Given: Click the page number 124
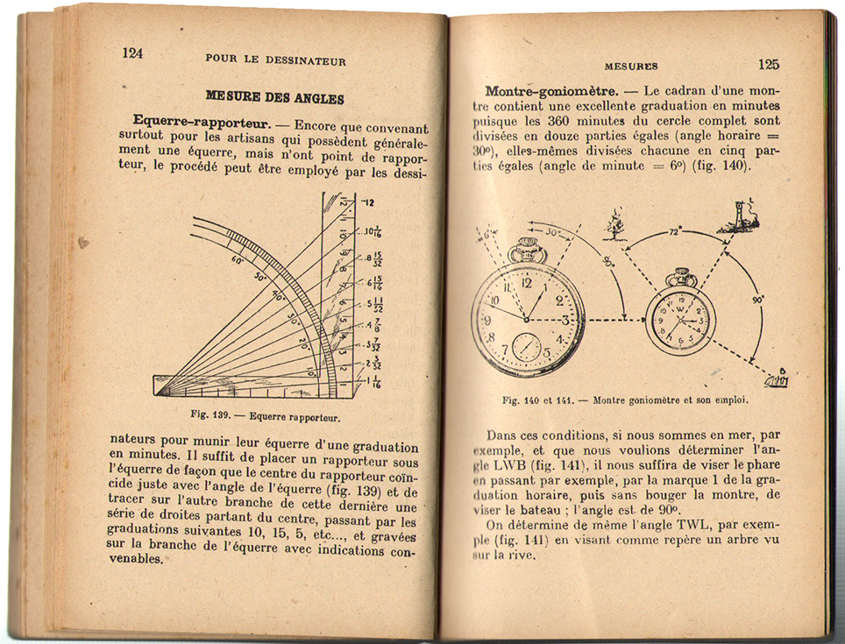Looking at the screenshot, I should (132, 53).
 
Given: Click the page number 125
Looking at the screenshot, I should (768, 64).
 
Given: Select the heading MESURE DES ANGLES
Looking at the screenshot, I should (274, 98).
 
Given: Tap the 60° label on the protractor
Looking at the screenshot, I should (238, 260).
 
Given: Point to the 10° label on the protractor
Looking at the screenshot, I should (310, 372).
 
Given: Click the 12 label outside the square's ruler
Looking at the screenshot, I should (368, 202).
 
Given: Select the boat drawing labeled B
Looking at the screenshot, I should (777, 379).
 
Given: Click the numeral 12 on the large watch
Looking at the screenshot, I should (526, 284).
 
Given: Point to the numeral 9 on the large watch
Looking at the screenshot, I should (487, 321).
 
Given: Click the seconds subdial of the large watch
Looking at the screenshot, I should (527, 347).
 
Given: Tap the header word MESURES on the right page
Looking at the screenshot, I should (631, 67).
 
